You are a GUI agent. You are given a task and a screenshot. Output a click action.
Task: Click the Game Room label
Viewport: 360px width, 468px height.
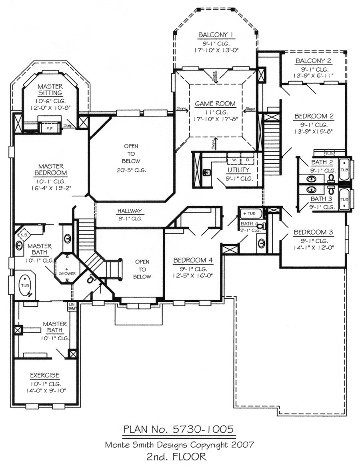[215, 104]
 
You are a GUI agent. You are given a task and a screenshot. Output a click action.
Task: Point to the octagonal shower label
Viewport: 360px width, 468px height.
[68, 273]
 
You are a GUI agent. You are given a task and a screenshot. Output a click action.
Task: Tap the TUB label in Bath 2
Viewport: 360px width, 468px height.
[344, 169]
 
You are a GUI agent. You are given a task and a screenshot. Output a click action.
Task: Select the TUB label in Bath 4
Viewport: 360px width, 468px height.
[252, 214]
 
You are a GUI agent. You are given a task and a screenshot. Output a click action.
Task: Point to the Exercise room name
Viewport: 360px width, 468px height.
[45, 375]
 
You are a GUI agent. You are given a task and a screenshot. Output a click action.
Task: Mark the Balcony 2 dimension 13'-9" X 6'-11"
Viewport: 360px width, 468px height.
[314, 75]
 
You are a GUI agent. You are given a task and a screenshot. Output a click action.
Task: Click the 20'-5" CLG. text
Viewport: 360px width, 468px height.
[132, 170]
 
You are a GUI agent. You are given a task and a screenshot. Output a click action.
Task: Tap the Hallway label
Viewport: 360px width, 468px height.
[130, 211]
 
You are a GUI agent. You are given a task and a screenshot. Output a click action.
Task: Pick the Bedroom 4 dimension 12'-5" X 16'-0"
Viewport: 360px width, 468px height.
[193, 276]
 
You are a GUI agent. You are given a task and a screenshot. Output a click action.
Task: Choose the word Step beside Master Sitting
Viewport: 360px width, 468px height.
[68, 126]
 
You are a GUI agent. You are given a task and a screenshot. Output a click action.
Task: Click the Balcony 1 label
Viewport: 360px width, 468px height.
[215, 34]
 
